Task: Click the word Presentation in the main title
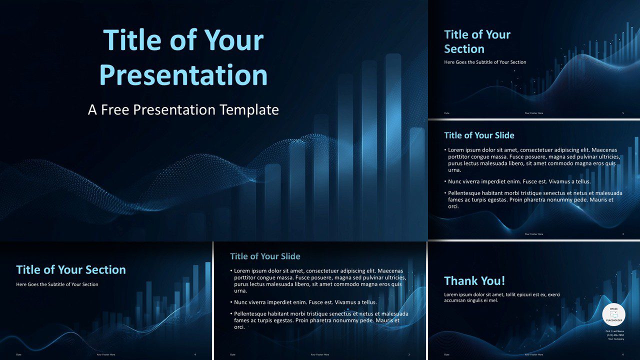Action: [183, 75]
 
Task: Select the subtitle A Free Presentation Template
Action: [183, 110]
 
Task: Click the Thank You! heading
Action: [474, 281]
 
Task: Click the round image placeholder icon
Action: [613, 314]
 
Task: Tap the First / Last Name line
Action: [614, 331]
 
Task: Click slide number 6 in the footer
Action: [623, 354]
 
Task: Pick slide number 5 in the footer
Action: [623, 113]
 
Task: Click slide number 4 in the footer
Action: [195, 354]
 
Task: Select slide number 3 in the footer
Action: [623, 234]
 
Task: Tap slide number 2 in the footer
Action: [409, 354]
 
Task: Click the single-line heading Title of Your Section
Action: [71, 270]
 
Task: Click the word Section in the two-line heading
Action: [464, 49]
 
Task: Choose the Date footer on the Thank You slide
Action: [446, 354]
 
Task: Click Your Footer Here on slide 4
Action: [106, 354]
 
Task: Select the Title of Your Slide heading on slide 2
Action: [265, 256]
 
